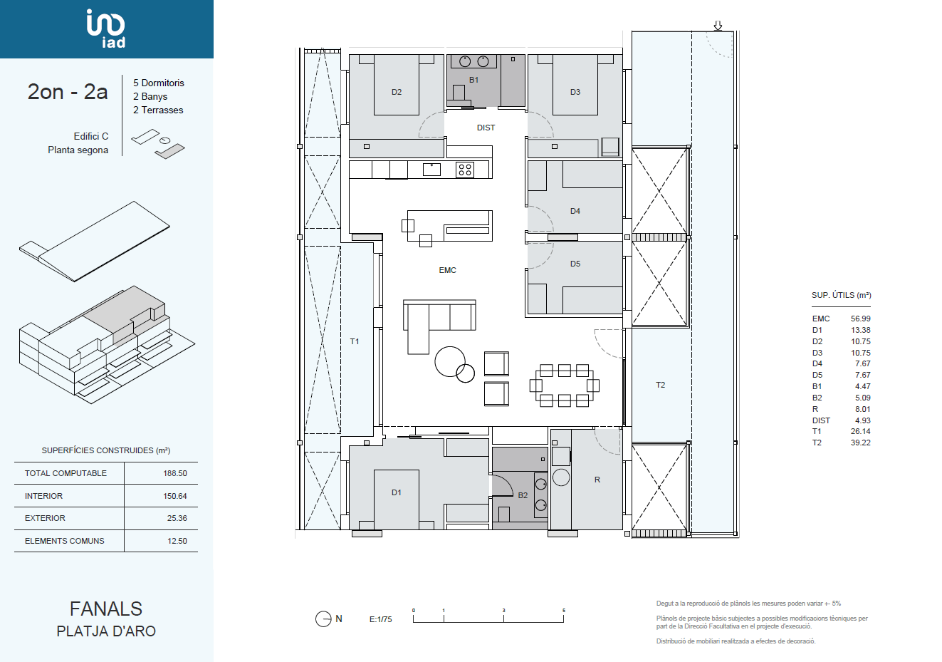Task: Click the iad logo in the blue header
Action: pos(105,29)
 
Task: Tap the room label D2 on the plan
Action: pos(397,92)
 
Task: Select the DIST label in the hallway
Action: pos(486,128)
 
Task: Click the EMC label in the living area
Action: pos(447,270)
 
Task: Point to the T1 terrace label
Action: pos(355,341)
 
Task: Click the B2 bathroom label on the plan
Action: pos(523,495)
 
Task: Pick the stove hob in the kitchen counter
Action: pos(465,170)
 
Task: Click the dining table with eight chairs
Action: pos(565,386)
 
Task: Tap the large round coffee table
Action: pos(450,361)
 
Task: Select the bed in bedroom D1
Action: pos(396,500)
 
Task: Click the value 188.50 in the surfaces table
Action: pos(175,473)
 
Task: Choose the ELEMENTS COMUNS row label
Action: pos(64,541)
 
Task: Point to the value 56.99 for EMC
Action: pos(860,319)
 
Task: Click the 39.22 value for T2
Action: pos(860,443)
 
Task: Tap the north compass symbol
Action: pos(323,619)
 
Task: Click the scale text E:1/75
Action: pos(381,619)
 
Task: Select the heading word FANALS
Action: pos(106,609)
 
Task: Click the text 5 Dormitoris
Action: pos(159,83)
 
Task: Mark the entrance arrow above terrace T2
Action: pos(718,26)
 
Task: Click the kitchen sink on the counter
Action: pos(431,169)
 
